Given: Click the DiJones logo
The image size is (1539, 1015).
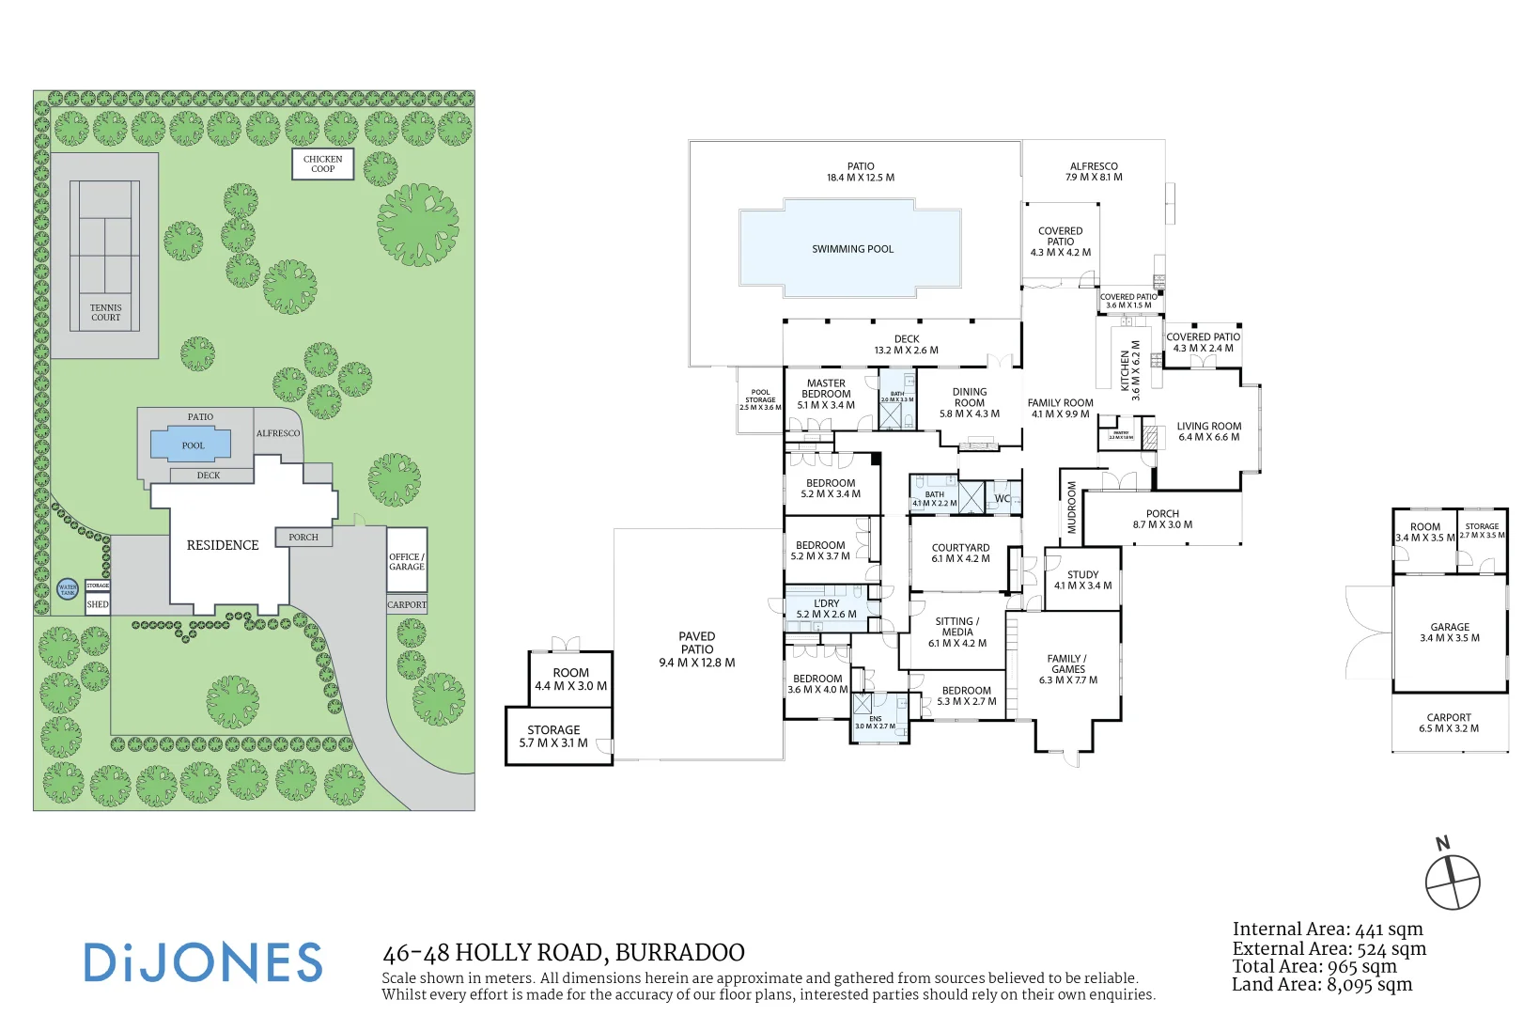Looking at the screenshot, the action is [x=203, y=963].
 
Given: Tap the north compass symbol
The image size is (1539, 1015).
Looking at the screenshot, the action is [x=1452, y=881].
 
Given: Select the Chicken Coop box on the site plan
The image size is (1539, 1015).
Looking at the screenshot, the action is [x=322, y=164].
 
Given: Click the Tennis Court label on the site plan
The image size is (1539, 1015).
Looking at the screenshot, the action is [x=105, y=313].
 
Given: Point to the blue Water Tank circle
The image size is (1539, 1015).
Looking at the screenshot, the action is [x=68, y=589].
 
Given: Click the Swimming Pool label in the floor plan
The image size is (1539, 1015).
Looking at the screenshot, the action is [x=852, y=249].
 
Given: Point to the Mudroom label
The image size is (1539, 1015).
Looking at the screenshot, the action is [x=1072, y=507].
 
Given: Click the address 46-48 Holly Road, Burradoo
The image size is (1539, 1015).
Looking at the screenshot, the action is [x=564, y=953].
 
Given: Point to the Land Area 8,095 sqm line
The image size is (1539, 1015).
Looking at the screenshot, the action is [x=1322, y=985].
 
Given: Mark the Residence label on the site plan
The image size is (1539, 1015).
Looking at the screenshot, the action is [x=223, y=545].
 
